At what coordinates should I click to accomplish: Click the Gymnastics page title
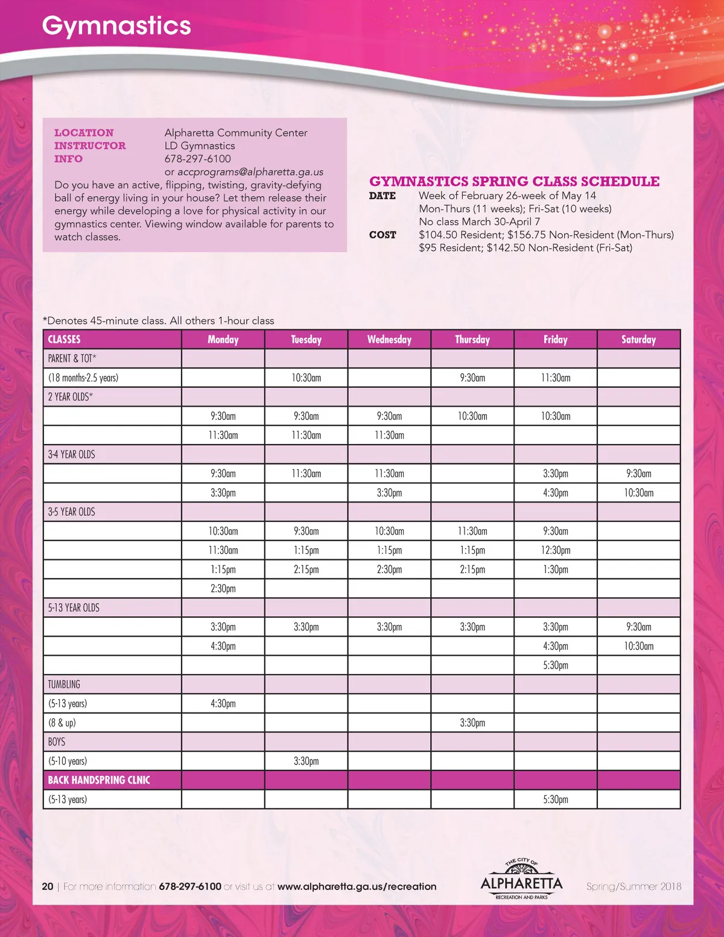[x=116, y=26]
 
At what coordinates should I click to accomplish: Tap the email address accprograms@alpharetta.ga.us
[x=250, y=172]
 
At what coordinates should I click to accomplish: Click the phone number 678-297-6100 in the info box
[x=198, y=159]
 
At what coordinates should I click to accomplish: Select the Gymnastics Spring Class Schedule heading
[x=514, y=181]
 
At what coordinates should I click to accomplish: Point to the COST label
[x=383, y=235]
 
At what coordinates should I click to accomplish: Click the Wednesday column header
[x=389, y=340]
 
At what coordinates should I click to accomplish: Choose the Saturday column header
[x=638, y=340]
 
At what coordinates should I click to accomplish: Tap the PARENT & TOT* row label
[x=72, y=358]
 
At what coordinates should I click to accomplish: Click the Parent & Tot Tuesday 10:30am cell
[x=306, y=378]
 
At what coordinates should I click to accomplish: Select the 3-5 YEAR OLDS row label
[x=72, y=512]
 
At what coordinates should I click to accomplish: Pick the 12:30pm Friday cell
[x=556, y=550]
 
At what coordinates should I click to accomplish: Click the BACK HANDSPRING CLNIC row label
[x=99, y=780]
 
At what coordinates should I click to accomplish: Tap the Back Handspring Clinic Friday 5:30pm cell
[x=556, y=799]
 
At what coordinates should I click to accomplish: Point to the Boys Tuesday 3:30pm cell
[x=306, y=761]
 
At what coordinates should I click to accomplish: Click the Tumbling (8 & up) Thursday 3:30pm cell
[x=472, y=723]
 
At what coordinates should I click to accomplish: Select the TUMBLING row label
[x=64, y=684]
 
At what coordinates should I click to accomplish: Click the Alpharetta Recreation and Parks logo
[x=521, y=880]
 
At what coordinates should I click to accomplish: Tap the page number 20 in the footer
[x=48, y=886]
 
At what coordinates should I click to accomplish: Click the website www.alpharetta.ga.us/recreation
[x=357, y=886]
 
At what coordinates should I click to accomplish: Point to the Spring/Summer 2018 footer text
[x=634, y=886]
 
